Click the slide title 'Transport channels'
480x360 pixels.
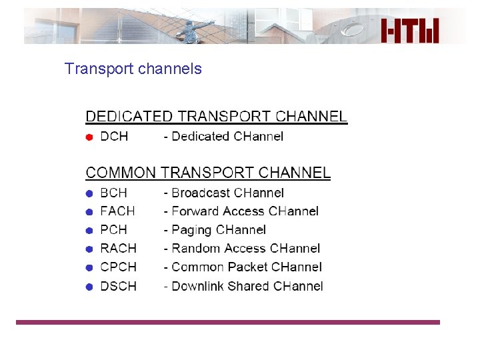point(133,69)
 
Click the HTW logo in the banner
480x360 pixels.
point(411,29)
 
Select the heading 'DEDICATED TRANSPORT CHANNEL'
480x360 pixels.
point(216,117)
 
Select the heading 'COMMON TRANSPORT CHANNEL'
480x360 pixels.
point(208,173)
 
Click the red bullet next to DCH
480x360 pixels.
point(89,137)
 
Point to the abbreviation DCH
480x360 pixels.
point(114,137)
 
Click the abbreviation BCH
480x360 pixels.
point(113,193)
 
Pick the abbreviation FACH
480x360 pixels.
point(117,211)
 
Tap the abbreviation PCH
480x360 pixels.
point(113,230)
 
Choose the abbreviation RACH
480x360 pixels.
point(118,249)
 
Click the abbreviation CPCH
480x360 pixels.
point(118,267)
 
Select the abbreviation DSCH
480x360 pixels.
point(118,286)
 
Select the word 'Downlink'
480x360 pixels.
point(197,286)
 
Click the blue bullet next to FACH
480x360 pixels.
point(89,212)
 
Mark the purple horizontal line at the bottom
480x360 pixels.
point(228,322)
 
